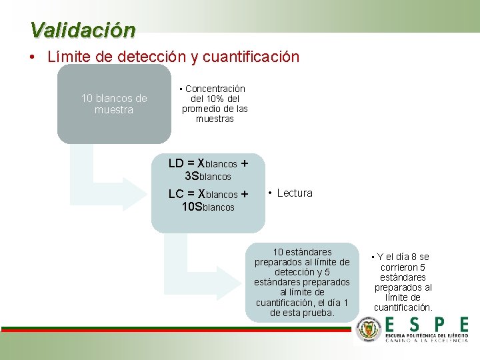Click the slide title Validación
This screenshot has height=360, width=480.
(x=83, y=30)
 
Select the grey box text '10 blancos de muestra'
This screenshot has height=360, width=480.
(x=114, y=104)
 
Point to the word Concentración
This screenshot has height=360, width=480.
(x=215, y=89)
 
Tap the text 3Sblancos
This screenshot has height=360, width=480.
(x=208, y=177)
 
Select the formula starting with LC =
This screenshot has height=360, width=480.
(x=208, y=194)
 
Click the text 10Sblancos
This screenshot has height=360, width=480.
(x=208, y=207)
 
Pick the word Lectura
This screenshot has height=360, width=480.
(x=294, y=193)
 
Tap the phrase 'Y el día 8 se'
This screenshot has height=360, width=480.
(x=403, y=257)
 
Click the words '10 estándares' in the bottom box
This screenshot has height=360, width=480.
(x=302, y=252)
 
